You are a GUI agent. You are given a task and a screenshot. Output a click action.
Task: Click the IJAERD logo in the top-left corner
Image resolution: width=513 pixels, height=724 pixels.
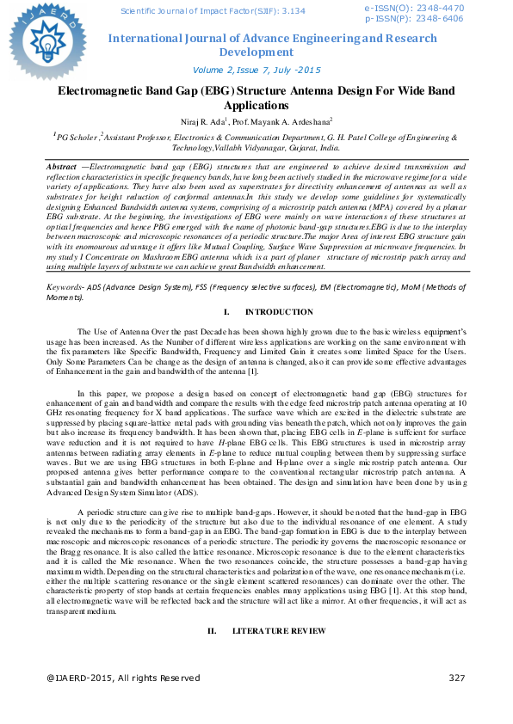43,40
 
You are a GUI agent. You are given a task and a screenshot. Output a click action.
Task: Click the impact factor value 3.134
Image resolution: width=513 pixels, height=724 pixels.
291,11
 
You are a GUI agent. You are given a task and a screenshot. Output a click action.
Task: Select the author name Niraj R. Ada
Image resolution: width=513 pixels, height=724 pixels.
198,122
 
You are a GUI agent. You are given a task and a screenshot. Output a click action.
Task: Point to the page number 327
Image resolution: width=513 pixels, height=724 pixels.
456,678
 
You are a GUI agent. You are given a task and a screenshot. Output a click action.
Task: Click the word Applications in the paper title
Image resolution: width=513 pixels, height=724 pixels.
256,106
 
